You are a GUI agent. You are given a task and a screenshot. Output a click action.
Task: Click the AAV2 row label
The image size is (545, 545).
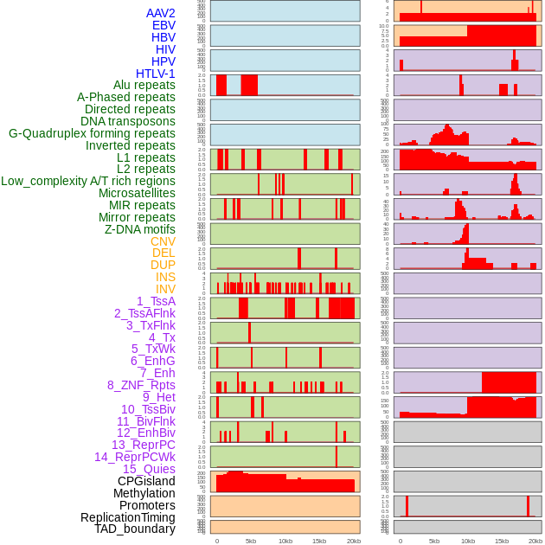(x=161, y=13)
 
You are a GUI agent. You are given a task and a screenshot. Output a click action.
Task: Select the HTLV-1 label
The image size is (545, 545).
(x=156, y=74)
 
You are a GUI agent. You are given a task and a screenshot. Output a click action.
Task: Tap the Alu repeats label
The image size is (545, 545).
(x=144, y=85)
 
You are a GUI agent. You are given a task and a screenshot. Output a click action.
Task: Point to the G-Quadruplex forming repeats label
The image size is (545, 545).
(x=93, y=133)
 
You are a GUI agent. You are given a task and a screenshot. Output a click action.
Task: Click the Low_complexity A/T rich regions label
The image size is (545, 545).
(x=88, y=181)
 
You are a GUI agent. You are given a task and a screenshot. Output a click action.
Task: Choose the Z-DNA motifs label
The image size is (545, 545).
(x=140, y=229)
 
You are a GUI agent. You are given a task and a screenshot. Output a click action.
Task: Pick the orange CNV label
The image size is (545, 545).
(x=163, y=241)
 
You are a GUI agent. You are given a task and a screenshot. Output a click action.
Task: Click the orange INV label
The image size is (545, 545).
(x=165, y=289)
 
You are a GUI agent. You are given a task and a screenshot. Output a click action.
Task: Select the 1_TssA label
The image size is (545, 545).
(x=156, y=301)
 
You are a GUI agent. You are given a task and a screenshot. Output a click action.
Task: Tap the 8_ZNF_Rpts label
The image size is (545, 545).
(x=141, y=385)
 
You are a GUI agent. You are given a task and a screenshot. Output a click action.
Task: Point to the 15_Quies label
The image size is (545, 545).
(x=149, y=469)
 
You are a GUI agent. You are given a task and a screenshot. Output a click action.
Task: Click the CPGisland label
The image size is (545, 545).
(x=146, y=481)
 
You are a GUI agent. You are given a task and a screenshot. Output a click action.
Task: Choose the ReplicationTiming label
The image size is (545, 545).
(x=128, y=517)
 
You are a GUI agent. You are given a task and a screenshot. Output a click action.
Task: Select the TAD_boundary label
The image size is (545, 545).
(x=135, y=529)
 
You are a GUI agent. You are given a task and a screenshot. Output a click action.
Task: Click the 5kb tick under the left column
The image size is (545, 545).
(x=251, y=541)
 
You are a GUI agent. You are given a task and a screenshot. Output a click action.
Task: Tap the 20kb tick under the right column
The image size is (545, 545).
(x=535, y=541)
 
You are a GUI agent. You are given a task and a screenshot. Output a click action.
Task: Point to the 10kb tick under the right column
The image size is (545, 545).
(x=468, y=541)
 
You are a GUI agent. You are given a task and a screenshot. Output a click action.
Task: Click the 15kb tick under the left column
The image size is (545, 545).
(x=319, y=541)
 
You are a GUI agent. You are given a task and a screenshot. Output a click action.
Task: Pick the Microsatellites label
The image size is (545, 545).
(x=137, y=193)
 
